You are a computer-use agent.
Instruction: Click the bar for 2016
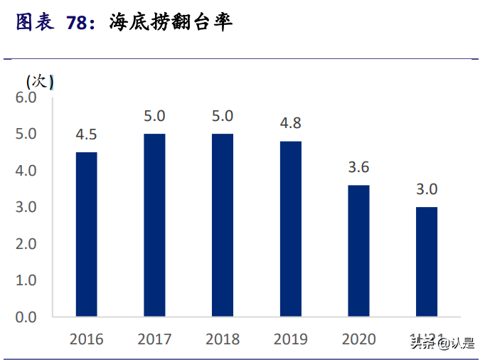point(86,234)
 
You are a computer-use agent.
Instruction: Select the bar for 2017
point(154,225)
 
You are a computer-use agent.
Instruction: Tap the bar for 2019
point(290,228)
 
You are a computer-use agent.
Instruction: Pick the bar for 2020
point(358,250)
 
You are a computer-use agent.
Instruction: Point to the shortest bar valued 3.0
point(427,261)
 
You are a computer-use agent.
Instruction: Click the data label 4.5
point(86,134)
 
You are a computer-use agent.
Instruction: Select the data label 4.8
point(290,123)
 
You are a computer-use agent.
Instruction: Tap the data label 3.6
point(358,167)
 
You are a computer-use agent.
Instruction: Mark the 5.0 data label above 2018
point(222,116)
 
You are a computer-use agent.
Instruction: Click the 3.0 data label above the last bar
point(427,189)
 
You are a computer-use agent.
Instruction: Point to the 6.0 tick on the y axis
point(26,97)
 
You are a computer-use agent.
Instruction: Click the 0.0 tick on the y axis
point(26,317)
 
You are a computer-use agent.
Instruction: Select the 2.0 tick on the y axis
point(26,243)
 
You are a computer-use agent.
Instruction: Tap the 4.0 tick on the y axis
point(26,171)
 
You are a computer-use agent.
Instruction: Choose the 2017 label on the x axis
point(154,339)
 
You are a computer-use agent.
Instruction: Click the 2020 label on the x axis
point(358,339)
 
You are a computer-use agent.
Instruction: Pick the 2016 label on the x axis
point(86,339)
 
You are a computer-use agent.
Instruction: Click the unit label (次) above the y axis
point(40,81)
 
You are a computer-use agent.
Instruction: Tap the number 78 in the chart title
point(78,23)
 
